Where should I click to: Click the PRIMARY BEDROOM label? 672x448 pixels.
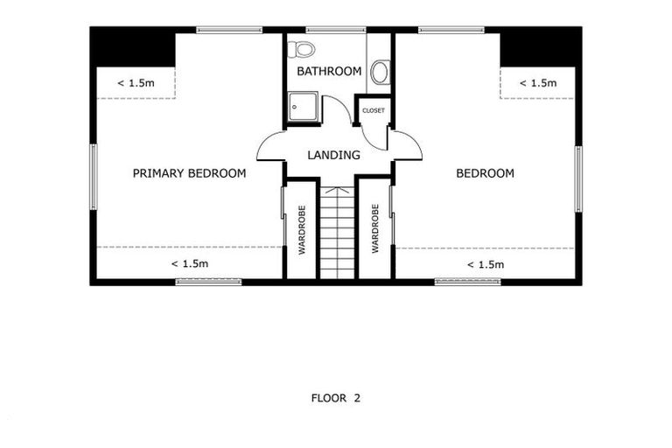[x=189, y=173]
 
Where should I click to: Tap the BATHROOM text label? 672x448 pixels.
[x=329, y=71]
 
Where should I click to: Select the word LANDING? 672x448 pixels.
[x=333, y=156]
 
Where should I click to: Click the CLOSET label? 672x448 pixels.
[x=374, y=111]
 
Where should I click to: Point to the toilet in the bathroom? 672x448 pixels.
[x=301, y=48]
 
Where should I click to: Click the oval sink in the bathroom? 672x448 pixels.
[x=380, y=72]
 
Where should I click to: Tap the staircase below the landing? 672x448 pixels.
[x=336, y=231]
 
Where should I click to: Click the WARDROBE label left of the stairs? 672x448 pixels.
[x=301, y=229]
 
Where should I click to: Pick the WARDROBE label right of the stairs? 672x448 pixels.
[x=374, y=229]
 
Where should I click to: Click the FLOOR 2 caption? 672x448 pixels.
[x=336, y=398]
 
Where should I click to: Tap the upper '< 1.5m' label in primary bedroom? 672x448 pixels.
[x=136, y=83]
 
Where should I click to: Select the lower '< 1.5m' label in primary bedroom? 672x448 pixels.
[x=189, y=263]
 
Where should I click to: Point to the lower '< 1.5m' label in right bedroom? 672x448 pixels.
[x=485, y=264]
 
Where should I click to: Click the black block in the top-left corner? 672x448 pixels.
[x=133, y=47]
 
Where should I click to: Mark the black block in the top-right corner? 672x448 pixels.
[x=539, y=47]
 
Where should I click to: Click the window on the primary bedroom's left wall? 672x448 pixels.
[x=93, y=177]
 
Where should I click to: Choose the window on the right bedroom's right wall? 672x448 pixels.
[x=577, y=178]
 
